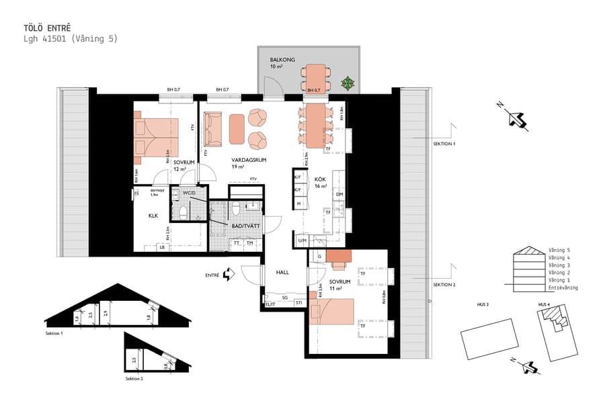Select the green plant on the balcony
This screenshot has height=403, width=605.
pos(348,83)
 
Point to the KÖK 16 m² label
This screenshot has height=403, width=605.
pos(321,183)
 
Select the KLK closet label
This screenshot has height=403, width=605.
pos(153,216)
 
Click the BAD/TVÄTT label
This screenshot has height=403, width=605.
pos(246,227)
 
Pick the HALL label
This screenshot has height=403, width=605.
pos(282,272)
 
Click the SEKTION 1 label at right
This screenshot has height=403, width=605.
pos(444,144)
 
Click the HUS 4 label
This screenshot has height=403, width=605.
pos(544,305)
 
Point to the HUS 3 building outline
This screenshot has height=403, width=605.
pos(489,336)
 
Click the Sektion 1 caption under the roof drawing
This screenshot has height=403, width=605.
pos(54,334)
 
